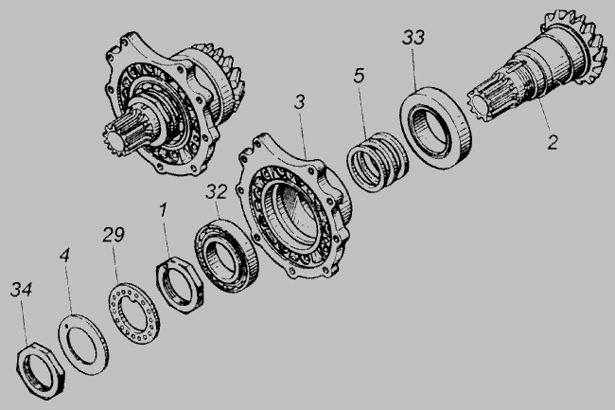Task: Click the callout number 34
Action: pos(21,290)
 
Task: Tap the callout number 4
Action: pos(64,255)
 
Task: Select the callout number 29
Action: pos(114,234)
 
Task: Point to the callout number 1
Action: pos(163,210)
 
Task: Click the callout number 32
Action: pos(217,192)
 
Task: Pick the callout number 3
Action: pos(299,102)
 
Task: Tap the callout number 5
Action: pos(359,76)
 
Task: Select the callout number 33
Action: pos(413,37)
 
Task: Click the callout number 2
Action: pos(553,142)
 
